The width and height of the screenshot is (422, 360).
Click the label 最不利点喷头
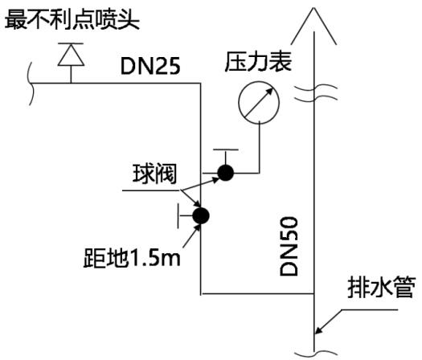point(72,19)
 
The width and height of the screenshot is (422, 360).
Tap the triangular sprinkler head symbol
point(71,55)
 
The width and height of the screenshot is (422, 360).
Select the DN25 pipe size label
point(150,67)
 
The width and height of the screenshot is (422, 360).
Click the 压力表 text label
point(258,62)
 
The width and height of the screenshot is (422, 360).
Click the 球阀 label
point(155,174)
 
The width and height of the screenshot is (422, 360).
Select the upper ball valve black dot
point(226,173)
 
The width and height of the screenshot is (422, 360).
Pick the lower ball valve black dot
point(201,215)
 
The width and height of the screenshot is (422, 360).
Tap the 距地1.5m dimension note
point(132,258)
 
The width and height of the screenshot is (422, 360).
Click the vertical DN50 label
point(289,246)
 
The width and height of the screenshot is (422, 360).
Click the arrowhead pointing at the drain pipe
point(319,329)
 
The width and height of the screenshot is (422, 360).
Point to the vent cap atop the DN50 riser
point(313,26)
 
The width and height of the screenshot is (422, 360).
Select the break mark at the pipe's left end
point(31,84)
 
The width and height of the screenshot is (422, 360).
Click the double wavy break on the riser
point(316,93)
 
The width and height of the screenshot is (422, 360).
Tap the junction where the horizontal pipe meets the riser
point(314,294)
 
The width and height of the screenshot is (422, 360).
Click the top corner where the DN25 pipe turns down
point(200,84)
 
